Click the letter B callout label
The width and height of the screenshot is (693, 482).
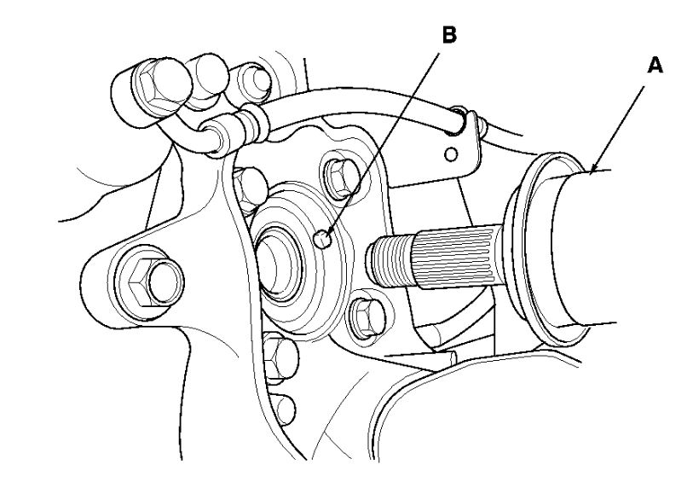[x=449, y=36]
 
